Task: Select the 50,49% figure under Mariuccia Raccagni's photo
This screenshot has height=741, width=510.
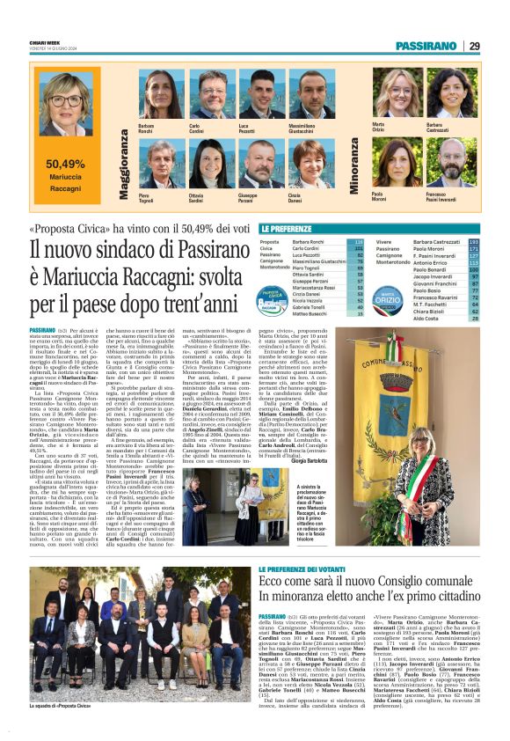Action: point(65,164)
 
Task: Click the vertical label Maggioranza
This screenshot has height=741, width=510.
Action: point(124,164)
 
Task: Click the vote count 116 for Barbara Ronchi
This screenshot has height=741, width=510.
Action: point(358,241)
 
